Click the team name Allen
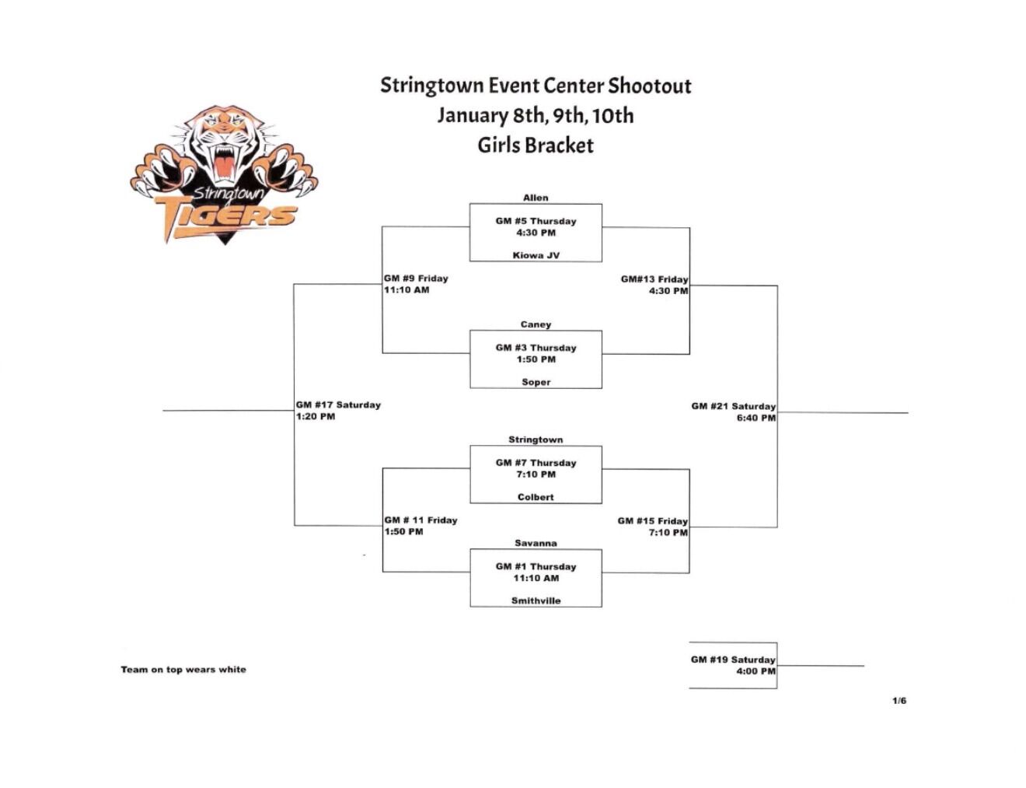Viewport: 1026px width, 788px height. point(535,198)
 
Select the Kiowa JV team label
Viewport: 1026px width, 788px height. point(536,255)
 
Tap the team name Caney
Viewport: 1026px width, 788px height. point(536,324)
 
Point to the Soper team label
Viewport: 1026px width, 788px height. point(536,382)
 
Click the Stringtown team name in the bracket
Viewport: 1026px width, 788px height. point(536,440)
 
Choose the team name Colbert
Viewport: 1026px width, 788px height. point(536,497)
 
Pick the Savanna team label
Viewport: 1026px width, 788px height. point(536,543)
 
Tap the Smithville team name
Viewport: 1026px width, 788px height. point(536,601)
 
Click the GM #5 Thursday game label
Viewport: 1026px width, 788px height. point(536,221)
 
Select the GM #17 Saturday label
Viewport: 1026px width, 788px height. point(338,405)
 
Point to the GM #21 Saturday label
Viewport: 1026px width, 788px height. point(733,406)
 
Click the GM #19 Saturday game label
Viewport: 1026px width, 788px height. point(732,660)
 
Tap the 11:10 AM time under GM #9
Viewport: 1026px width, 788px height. point(407,290)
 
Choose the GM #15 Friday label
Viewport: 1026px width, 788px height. point(652,521)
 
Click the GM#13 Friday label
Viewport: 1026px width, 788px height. point(654,279)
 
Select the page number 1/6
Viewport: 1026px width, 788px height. point(899,701)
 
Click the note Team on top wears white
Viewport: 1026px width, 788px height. point(183,669)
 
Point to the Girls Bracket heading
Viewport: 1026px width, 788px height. point(535,145)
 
